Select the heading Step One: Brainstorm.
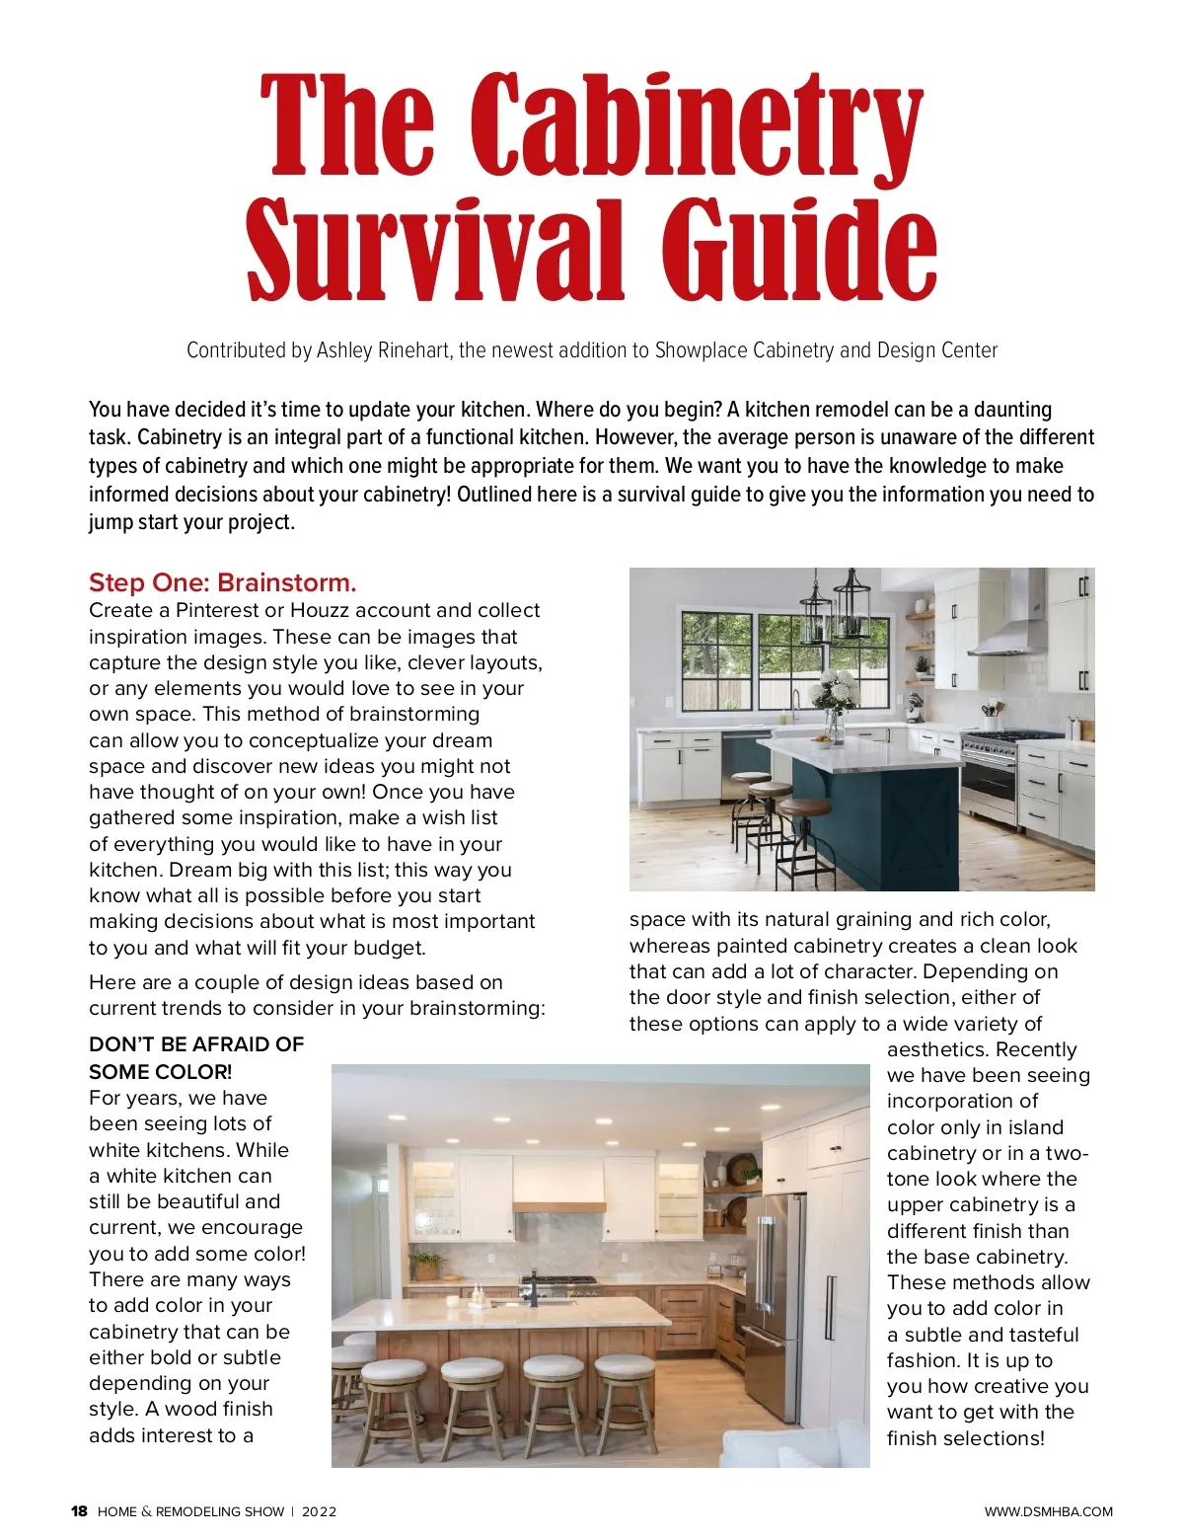223,582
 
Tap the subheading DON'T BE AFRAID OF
196,1044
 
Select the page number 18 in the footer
79,1511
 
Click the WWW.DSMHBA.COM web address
1048,1511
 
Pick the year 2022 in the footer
319,1511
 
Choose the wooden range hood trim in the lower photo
558,1206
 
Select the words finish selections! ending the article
965,1438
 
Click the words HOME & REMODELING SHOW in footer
190,1511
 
